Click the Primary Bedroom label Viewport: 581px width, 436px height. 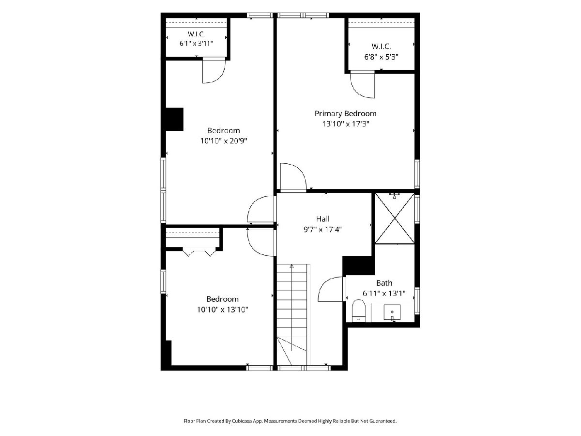click(345, 114)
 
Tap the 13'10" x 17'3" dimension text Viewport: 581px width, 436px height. click(345, 124)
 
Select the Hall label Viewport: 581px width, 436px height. click(323, 218)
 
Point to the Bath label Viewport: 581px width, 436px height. click(384, 283)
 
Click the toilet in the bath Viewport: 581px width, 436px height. click(359, 311)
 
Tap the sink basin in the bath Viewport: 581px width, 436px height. click(392, 312)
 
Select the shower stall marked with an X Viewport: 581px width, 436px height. click(395, 218)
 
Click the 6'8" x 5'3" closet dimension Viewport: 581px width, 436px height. click(381, 57)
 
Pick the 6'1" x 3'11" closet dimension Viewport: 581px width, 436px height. click(197, 44)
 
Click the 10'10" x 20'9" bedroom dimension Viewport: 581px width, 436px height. click(224, 141)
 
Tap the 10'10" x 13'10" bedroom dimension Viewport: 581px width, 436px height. click(222, 310)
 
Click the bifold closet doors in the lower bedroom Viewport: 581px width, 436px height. click(199, 252)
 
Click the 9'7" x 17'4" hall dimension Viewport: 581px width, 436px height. click(323, 229)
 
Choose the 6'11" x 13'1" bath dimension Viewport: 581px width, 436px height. click(384, 293)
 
